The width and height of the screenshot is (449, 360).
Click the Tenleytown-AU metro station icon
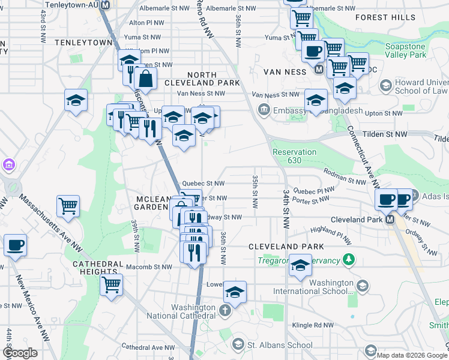pyautogui.click(x=106, y=5)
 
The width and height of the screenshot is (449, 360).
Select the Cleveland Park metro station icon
pyautogui.click(x=390, y=220)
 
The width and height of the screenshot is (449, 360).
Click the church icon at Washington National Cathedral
pyautogui.click(x=224, y=310)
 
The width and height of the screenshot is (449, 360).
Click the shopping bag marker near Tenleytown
pyautogui.click(x=145, y=78)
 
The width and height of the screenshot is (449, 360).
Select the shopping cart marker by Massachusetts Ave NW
pyautogui.click(x=68, y=206)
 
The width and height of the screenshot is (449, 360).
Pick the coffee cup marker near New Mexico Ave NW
pyautogui.click(x=15, y=245)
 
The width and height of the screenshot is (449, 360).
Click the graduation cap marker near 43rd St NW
pyautogui.click(x=76, y=100)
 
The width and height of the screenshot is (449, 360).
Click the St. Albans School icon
pyautogui.click(x=238, y=344)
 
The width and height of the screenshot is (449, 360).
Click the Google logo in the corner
pyautogui.click(x=19, y=353)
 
